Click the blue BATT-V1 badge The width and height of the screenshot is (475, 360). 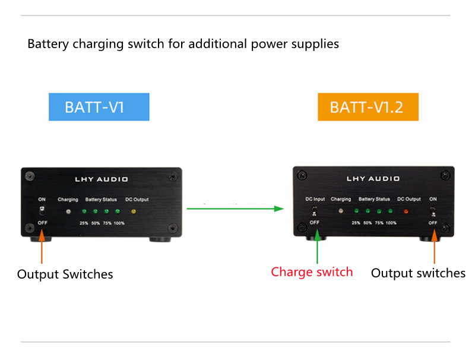99,108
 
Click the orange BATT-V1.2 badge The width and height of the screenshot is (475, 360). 368,107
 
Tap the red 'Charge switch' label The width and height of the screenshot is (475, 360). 312,272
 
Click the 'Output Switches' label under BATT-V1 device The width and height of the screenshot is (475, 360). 65,274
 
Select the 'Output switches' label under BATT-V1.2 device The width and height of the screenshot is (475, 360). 418,273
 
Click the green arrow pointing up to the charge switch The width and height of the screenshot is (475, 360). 317,247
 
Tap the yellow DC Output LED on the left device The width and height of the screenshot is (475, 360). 133,211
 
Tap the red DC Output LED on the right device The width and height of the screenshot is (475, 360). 406,211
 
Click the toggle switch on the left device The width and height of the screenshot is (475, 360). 42,211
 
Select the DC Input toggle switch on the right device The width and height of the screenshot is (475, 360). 315,211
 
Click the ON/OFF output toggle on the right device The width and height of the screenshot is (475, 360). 433,211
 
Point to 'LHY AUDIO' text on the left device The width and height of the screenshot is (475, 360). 102,179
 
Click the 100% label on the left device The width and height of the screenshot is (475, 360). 119,223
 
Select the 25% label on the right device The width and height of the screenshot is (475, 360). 356,223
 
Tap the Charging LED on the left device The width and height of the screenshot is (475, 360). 68,211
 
